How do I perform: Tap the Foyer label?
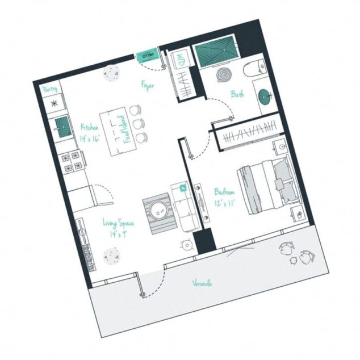[148, 86]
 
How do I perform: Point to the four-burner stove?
[72, 161]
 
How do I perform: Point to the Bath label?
[237, 94]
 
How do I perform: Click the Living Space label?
[118, 228]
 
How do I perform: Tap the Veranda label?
[202, 282]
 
